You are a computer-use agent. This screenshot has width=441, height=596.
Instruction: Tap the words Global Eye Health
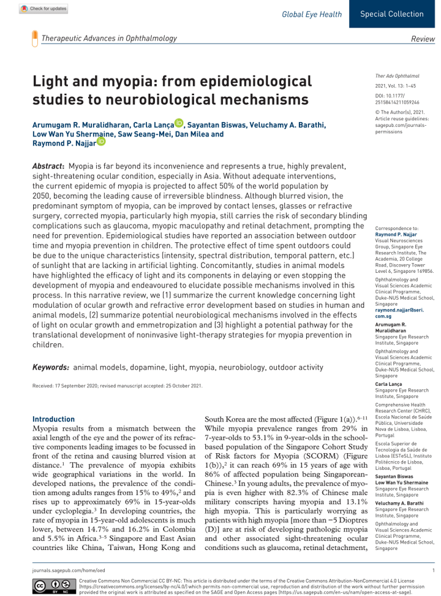click(x=312, y=13)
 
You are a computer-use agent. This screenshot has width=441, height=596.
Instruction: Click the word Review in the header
click(x=423, y=39)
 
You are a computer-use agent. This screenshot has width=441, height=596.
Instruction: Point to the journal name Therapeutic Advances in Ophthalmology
click(x=108, y=38)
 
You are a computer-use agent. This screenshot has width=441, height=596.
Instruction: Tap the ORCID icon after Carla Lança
click(x=179, y=123)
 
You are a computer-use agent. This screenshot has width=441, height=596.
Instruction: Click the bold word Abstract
click(x=48, y=166)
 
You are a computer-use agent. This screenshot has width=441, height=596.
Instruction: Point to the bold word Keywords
click(x=51, y=367)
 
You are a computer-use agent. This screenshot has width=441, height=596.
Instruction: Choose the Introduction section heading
click(x=53, y=419)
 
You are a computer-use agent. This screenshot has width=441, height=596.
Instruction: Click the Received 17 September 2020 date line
click(x=117, y=386)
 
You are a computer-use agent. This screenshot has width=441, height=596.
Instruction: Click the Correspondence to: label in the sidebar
click(x=396, y=228)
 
